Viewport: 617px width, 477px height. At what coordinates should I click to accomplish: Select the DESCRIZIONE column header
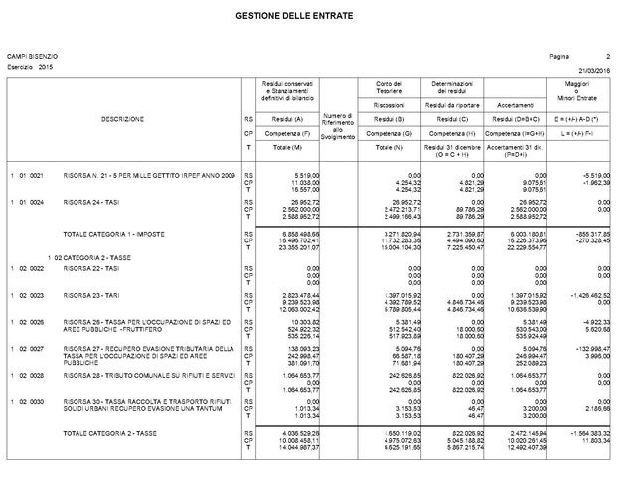122,119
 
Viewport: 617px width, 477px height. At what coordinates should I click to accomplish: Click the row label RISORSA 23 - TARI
88,296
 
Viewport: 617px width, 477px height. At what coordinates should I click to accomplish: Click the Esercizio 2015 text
30,66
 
